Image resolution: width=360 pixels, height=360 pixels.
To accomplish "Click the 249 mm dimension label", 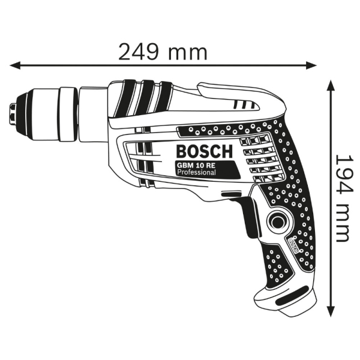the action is point(163,53).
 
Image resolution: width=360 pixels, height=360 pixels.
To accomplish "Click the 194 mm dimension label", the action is point(342,198).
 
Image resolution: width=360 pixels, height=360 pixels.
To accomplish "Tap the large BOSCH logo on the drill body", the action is point(205,151).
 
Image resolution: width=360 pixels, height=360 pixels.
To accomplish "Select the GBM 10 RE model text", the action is point(196,165).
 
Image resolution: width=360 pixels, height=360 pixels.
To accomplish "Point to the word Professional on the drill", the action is point(197,172).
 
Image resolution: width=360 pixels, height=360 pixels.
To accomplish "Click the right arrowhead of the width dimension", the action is point(311,65).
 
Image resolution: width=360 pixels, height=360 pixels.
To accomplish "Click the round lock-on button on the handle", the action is point(278,221).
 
